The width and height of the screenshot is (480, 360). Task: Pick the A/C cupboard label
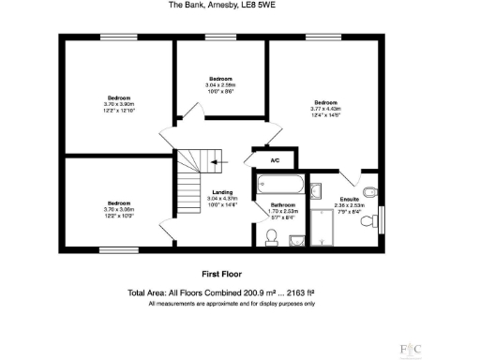coord(275,161)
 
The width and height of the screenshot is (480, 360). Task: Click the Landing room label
coord(223,193)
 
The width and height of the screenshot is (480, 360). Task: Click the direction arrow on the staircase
coord(217,161)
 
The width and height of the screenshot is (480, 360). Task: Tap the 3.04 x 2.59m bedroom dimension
coord(221,85)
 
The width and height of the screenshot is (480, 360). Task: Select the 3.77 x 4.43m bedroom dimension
coord(325,109)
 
